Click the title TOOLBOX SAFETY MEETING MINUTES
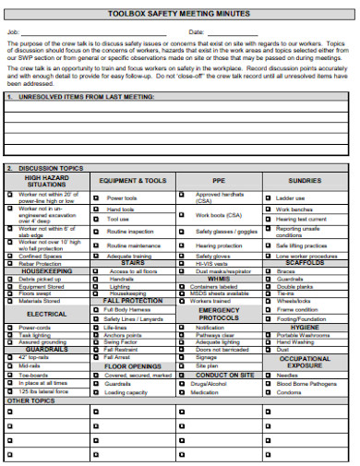click(180, 15)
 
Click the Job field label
click(12, 32)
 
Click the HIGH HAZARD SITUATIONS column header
click(46, 181)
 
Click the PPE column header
click(218, 181)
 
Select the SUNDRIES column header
click(304, 181)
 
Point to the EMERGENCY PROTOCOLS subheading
click(218, 314)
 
